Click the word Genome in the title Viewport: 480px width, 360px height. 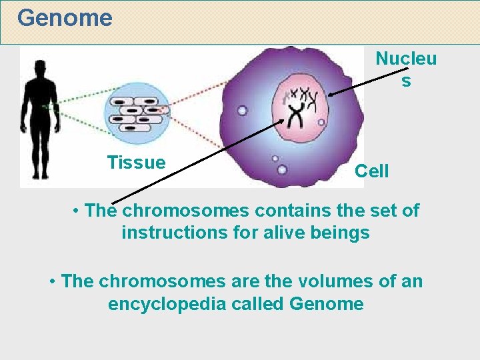65,18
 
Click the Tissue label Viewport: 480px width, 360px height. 136,163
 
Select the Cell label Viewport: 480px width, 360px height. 371,171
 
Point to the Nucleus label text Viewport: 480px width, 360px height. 406,69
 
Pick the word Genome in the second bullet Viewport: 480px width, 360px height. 327,304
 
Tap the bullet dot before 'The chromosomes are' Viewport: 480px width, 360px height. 52,281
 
